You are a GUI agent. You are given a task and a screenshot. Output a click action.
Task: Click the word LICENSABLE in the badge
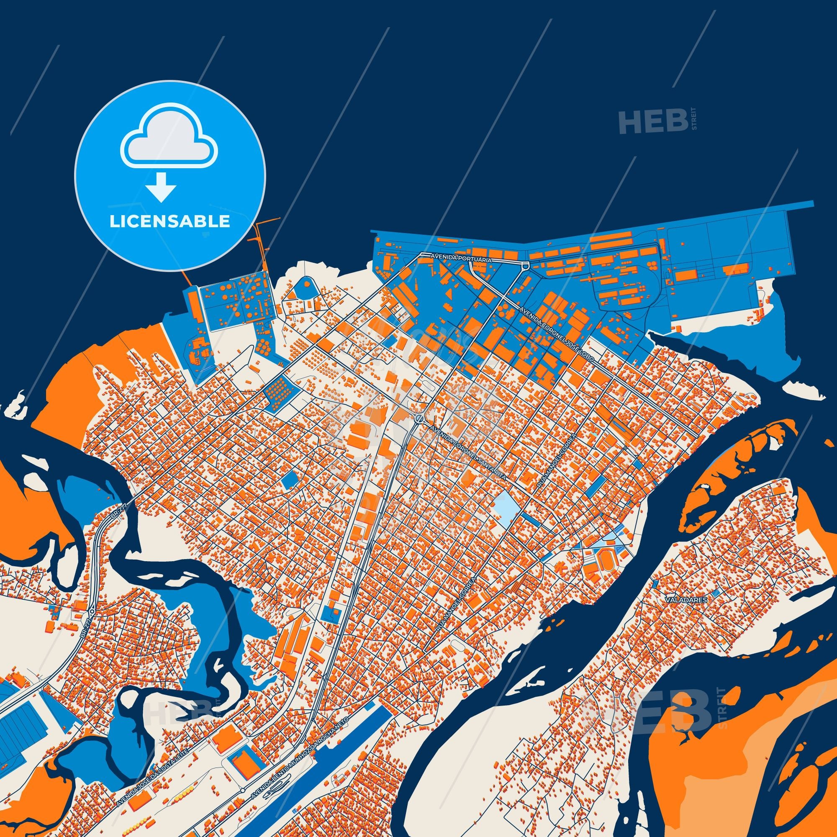point(170,221)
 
